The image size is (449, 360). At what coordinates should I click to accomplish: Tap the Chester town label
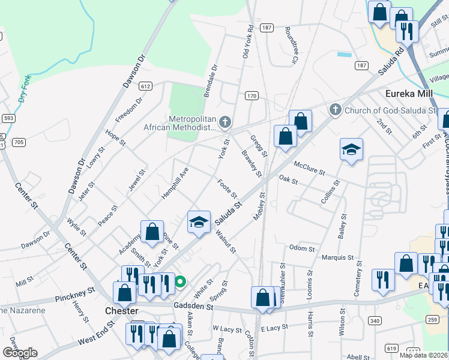[122, 311]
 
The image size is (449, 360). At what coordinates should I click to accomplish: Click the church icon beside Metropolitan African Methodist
[225, 123]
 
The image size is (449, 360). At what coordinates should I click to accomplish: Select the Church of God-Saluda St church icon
[335, 110]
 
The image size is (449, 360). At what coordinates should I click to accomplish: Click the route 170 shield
[252, 95]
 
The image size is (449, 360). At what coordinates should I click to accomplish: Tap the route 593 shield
[8, 118]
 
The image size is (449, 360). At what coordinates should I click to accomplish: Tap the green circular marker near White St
[179, 280]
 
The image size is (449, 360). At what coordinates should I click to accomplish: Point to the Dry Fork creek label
[24, 88]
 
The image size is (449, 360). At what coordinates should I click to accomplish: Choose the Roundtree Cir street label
[292, 45]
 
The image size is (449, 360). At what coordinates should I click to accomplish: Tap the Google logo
[20, 353]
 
